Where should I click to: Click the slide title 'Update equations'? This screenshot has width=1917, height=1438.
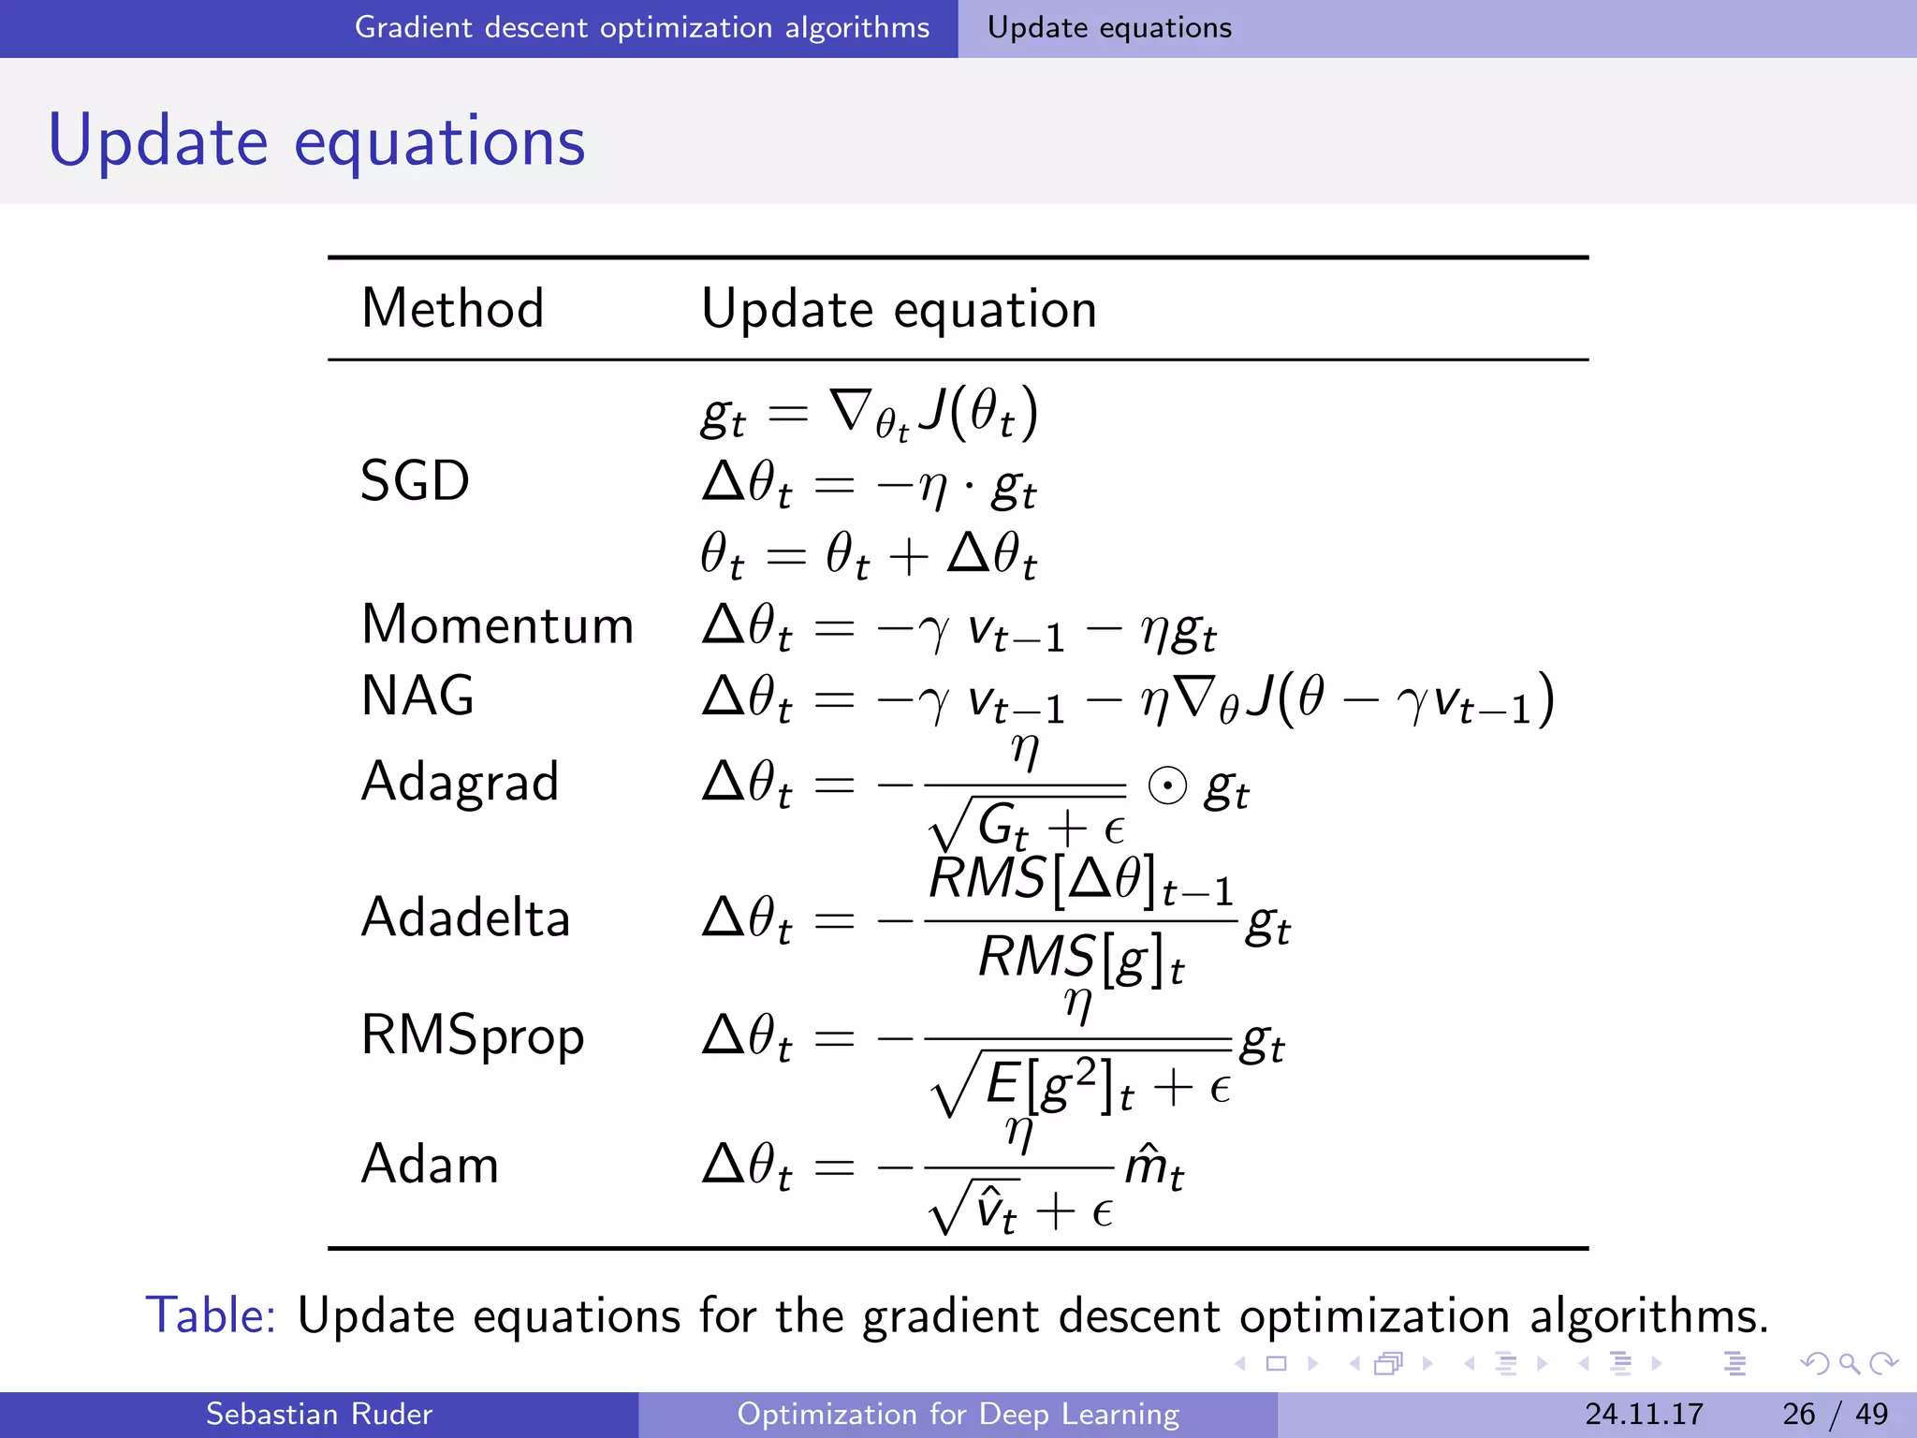click(x=316, y=141)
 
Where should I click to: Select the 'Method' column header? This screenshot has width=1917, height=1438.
click(x=452, y=309)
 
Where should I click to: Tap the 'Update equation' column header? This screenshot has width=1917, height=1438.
click(x=899, y=309)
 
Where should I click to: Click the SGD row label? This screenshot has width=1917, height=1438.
click(x=415, y=481)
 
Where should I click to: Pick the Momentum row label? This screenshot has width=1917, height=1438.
click(x=497, y=624)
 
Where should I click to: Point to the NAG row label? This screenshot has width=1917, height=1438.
click(x=417, y=696)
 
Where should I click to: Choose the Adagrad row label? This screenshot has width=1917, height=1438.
click(x=460, y=782)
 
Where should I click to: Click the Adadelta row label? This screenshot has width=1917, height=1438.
click(x=465, y=917)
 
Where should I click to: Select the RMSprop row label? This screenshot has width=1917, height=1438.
click(x=473, y=1036)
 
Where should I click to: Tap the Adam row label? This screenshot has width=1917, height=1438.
click(x=430, y=1165)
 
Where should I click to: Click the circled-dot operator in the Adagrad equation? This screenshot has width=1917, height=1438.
click(x=1167, y=786)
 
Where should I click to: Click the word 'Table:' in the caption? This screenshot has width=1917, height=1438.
click(x=211, y=1315)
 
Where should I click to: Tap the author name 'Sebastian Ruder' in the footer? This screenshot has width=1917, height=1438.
click(x=319, y=1414)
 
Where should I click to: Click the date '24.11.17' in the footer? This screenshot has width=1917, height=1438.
click(x=1644, y=1414)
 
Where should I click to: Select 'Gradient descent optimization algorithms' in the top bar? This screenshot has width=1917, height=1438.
click(x=642, y=28)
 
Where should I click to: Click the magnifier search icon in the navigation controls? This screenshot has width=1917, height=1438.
click(x=1849, y=1364)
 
